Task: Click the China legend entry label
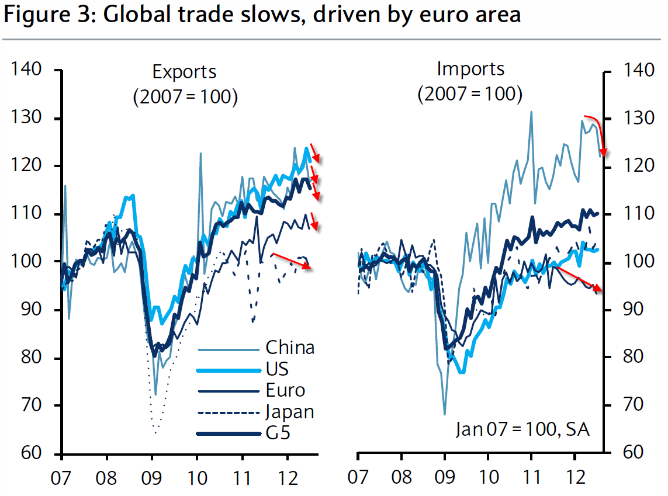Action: pos(290,348)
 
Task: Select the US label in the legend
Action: pos(278,369)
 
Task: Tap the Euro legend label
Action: pos(285,390)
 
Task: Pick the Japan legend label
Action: pos(290,411)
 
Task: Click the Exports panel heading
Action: pos(184,72)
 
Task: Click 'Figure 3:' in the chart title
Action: pos(49,15)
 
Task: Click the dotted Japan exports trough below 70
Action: pos(155,431)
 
